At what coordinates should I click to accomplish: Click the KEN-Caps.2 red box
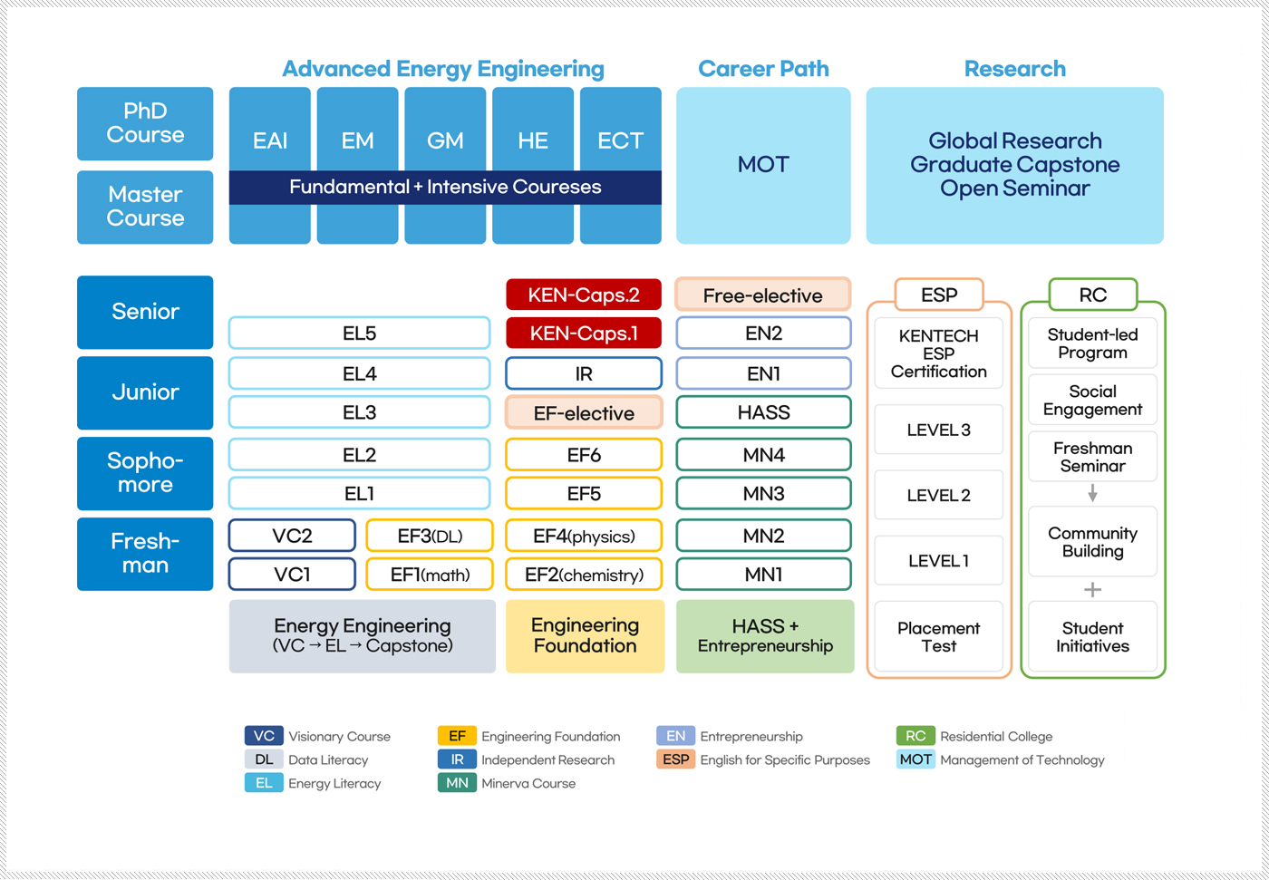click(583, 295)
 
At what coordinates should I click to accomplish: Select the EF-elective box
click(583, 413)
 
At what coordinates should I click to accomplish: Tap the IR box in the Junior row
click(583, 373)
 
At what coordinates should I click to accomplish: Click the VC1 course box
click(292, 575)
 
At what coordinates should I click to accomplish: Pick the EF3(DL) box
click(430, 536)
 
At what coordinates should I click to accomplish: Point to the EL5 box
click(359, 334)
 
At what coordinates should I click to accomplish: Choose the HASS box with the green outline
click(763, 412)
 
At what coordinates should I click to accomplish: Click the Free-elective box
click(763, 295)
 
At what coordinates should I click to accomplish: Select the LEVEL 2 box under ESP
click(938, 496)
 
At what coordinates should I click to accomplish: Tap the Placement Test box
click(938, 637)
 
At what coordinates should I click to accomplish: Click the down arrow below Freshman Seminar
click(1092, 493)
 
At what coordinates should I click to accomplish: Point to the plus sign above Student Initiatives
click(1092, 590)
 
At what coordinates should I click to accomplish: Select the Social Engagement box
click(1092, 401)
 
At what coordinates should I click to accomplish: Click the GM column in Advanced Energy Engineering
click(445, 140)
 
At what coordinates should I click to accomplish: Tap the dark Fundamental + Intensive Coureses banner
click(445, 188)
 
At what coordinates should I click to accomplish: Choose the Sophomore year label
click(145, 473)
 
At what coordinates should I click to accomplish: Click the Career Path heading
click(763, 69)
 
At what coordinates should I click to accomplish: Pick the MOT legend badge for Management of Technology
click(915, 759)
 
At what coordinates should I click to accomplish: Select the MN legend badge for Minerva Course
click(457, 783)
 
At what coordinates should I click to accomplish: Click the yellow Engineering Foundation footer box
click(585, 636)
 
